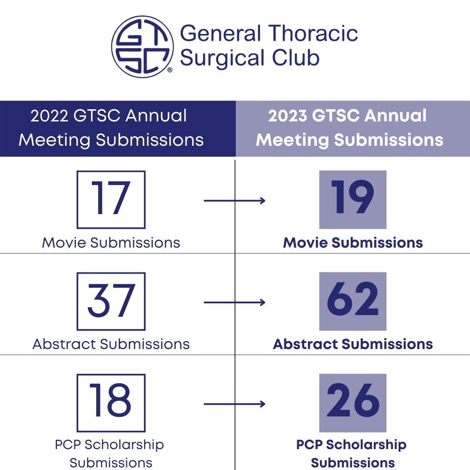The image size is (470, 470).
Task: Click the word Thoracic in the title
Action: [x=313, y=34]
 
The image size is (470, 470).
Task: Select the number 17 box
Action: [x=111, y=199]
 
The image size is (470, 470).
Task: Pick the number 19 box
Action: [x=352, y=199]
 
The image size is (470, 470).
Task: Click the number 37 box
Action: [x=111, y=301]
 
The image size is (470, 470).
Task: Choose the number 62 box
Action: [x=352, y=301]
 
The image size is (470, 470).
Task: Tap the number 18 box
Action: [x=111, y=403]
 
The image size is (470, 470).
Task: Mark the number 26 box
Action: [x=352, y=403]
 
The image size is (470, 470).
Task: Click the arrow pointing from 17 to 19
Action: [x=235, y=201]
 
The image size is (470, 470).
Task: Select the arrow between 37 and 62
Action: [x=235, y=302]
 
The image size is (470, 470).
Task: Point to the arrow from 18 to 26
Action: [x=235, y=404]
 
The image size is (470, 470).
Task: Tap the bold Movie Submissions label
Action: [x=353, y=242]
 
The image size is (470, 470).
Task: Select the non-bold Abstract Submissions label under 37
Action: [x=111, y=344]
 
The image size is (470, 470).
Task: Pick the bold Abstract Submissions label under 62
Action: [x=353, y=344]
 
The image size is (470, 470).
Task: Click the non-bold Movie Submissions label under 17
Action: [x=111, y=242]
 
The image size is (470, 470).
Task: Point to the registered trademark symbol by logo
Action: [x=170, y=70]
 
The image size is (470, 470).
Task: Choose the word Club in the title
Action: [x=300, y=58]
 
